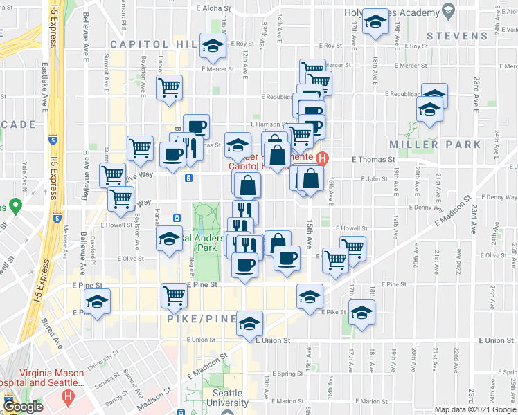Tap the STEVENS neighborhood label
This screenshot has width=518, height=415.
[458, 35]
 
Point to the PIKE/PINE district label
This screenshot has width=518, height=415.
[202, 322]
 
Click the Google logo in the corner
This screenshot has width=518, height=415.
[23, 407]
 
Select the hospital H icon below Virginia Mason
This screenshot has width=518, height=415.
[68, 397]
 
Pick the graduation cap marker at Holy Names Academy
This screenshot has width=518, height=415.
[375, 23]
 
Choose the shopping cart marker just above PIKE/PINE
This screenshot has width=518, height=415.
[173, 295]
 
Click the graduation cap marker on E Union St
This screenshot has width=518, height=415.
[249, 324]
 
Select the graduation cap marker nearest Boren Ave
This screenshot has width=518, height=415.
[98, 302]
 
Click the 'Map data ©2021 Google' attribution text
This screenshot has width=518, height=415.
[474, 409]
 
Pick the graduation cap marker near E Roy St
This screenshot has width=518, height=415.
[213, 46]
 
